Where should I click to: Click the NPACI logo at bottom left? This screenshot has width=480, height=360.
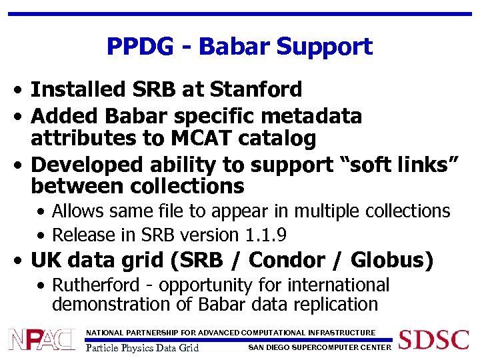(x=42, y=340)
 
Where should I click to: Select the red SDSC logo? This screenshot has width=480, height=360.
(x=433, y=339)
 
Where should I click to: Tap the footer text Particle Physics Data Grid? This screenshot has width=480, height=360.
(x=143, y=347)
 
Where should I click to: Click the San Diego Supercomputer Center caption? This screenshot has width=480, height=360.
(x=319, y=347)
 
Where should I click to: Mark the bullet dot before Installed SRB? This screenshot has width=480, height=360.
(x=22, y=90)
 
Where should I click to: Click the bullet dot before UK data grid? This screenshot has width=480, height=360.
(x=22, y=261)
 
